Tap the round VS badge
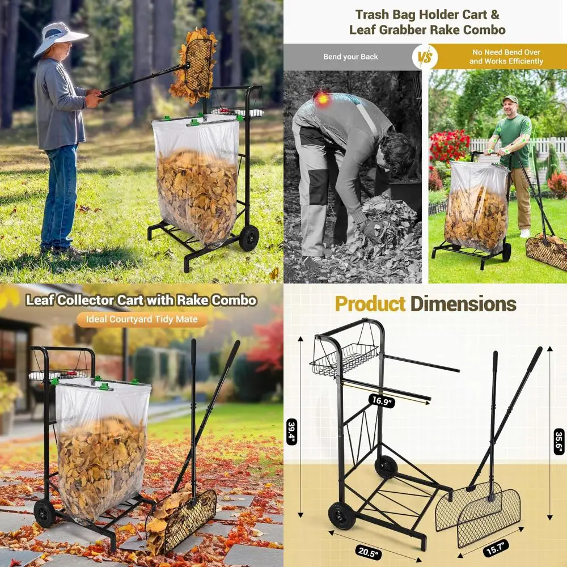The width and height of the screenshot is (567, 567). [425, 57]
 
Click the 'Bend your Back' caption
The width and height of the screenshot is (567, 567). [350, 57]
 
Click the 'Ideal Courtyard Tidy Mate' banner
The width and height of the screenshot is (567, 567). [142, 319]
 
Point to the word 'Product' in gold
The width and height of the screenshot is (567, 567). [370, 304]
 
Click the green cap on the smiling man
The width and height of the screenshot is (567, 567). [511, 100]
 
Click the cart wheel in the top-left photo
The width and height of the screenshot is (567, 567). [248, 238]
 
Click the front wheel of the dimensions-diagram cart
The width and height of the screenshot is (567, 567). [342, 515]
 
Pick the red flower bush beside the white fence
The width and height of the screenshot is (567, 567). [448, 146]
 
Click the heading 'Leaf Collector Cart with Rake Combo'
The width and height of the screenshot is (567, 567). [141, 300]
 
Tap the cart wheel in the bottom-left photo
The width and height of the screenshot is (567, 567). [44, 513]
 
